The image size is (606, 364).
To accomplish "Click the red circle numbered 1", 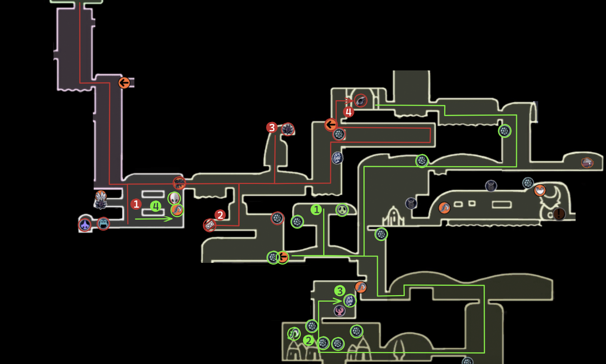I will [136, 204].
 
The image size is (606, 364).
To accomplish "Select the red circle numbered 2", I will [220, 215].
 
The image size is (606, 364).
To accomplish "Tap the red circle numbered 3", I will [272, 128].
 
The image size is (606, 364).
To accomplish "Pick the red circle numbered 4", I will [348, 112].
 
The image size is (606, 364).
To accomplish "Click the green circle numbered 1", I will [316, 209].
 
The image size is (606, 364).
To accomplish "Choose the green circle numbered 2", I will [309, 341].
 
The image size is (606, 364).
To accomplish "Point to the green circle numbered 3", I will [340, 291].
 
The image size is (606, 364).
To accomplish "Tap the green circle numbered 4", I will [156, 206].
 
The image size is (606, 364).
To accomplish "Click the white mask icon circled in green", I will [174, 198].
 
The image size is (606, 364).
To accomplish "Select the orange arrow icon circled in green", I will [283, 258].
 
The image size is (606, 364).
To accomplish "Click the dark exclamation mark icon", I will [559, 214].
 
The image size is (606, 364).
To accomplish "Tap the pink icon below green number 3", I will [340, 311].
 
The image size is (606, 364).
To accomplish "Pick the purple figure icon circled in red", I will [85, 225].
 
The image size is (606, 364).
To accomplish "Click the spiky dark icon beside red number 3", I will [287, 130].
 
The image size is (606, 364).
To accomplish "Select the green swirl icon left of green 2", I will [294, 334].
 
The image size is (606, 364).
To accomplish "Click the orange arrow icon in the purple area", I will [124, 83].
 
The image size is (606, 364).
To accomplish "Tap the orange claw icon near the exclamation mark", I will [540, 190].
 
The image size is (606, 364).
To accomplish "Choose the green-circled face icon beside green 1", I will [342, 209].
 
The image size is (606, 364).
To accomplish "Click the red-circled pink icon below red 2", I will [209, 225].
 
